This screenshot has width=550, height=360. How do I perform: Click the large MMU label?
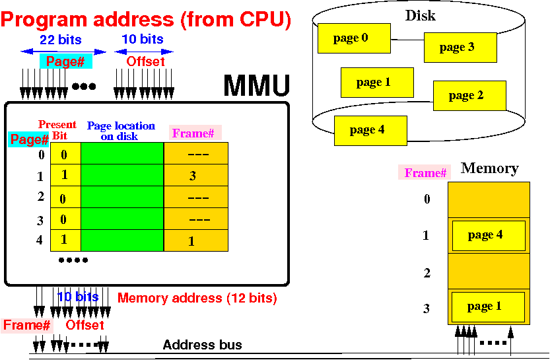(x=256, y=87)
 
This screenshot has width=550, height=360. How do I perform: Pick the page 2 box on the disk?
(x=469, y=96)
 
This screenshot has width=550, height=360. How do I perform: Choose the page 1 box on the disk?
(x=376, y=83)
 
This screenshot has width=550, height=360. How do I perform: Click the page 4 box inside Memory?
(x=488, y=235)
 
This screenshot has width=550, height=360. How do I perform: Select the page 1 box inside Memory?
(x=488, y=306)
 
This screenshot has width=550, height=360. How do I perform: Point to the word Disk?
(x=420, y=15)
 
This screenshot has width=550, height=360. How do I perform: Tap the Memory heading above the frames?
(x=489, y=168)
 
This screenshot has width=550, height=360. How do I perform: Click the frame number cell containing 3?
(x=195, y=176)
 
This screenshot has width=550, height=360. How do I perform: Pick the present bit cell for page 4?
(x=65, y=240)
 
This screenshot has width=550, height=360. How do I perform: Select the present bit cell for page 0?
(x=65, y=154)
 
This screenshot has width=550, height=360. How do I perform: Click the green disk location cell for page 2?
(x=121, y=198)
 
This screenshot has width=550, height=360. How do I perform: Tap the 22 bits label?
(x=60, y=40)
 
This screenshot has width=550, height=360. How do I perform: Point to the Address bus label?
(x=202, y=345)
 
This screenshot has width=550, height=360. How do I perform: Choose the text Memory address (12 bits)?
(x=197, y=298)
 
